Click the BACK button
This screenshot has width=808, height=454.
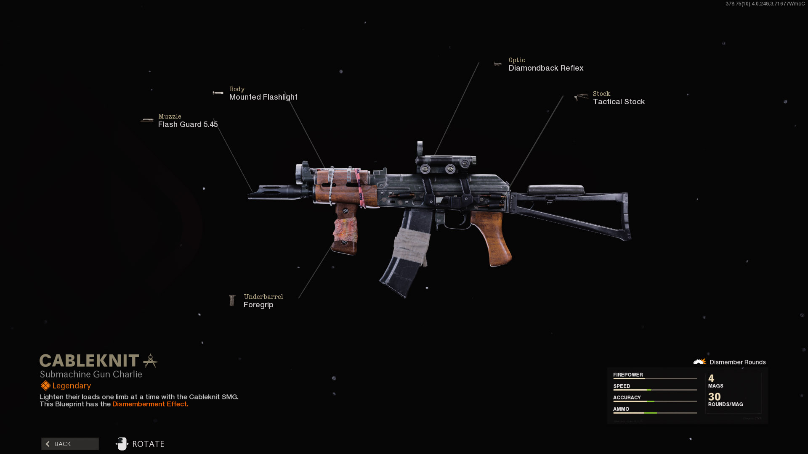pyautogui.click(x=70, y=444)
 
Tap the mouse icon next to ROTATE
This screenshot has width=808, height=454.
pyautogui.click(x=122, y=444)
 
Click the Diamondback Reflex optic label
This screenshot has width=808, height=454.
pyautogui.click(x=545, y=68)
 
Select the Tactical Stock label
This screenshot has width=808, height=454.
pyautogui.click(x=618, y=102)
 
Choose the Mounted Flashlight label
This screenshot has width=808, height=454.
pyautogui.click(x=263, y=97)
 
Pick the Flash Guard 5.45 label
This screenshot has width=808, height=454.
pyautogui.click(x=188, y=124)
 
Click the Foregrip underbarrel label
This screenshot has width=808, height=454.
pyautogui.click(x=258, y=305)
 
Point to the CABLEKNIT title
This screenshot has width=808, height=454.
pyautogui.click(x=89, y=361)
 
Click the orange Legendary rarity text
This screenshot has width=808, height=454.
pyautogui.click(x=71, y=386)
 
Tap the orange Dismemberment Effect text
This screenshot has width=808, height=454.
pyautogui.click(x=150, y=404)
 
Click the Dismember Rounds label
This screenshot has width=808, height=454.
pyautogui.click(x=737, y=362)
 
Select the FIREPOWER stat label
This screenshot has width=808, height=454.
pyautogui.click(x=627, y=375)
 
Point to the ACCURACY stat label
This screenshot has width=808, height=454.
pyautogui.click(x=627, y=398)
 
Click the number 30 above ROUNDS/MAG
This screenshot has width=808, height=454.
pyautogui.click(x=714, y=397)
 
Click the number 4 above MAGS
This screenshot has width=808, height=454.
pyautogui.click(x=711, y=378)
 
